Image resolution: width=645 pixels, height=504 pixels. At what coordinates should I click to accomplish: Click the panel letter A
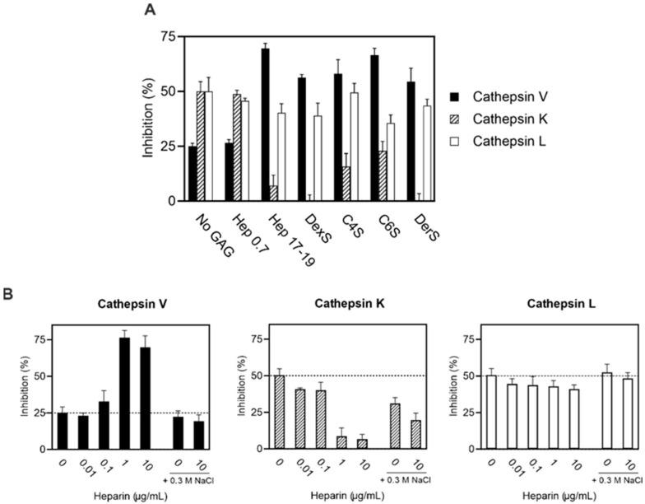tap(150, 9)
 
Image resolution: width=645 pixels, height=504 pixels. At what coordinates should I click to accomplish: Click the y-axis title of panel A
tap(149, 119)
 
